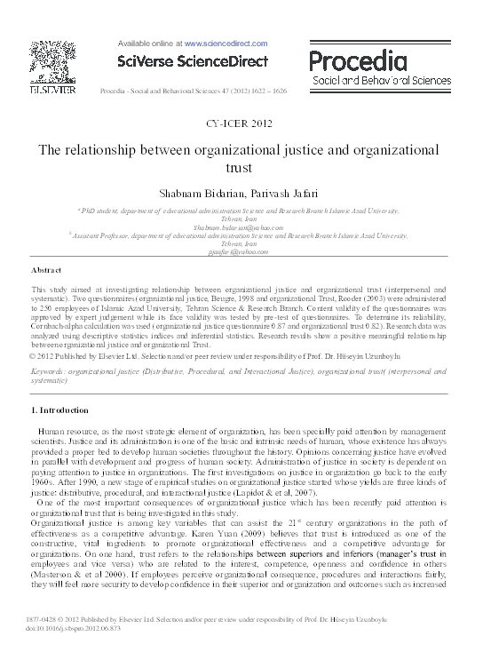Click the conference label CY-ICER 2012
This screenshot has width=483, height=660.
pyautogui.click(x=241, y=123)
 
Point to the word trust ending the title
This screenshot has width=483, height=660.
pyautogui.click(x=241, y=166)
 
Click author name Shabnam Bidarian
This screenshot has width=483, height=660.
pyautogui.click(x=210, y=195)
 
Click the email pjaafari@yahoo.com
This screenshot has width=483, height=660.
pyautogui.click(x=241, y=252)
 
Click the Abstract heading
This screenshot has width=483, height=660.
pyautogui.click(x=46, y=268)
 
